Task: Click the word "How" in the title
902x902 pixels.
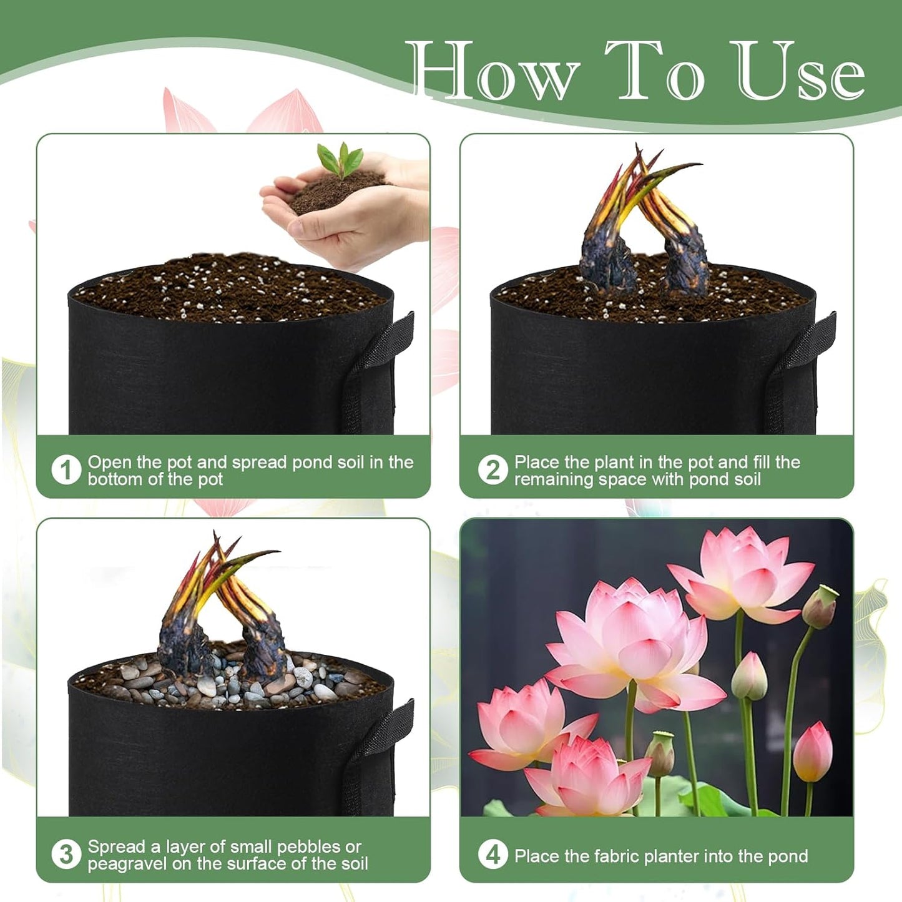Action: [493, 70]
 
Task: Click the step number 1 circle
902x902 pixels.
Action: [66, 470]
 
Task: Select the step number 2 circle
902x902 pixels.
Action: [493, 470]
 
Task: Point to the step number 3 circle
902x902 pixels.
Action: [66, 855]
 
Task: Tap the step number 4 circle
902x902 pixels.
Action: [493, 855]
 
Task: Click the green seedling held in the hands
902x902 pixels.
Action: [341, 159]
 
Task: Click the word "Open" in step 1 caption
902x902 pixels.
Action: [109, 462]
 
